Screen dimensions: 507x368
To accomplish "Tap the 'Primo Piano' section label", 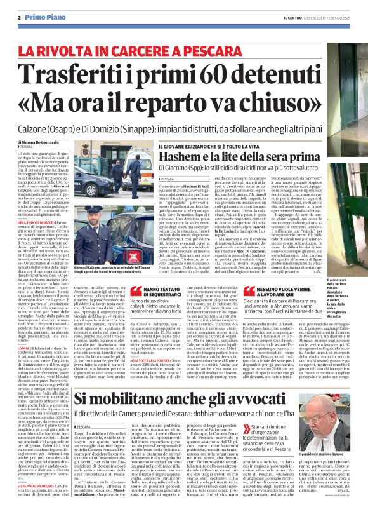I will (x=37, y=18).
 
